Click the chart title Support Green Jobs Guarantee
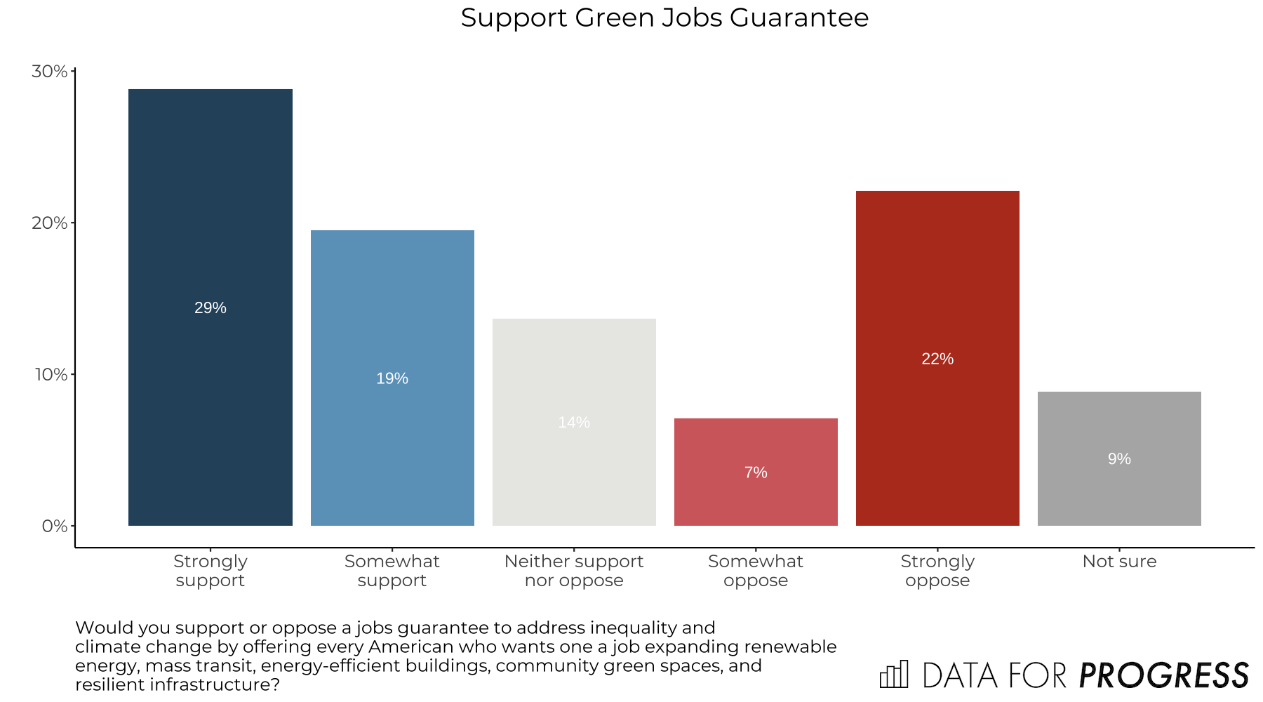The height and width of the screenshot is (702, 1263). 664,18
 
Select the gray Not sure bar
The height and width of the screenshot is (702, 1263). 1119,491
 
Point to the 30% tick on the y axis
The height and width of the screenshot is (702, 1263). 49,72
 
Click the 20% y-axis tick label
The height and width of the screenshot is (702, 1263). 49,223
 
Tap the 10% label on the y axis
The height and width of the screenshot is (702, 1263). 51,375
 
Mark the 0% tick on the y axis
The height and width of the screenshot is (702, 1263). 54,526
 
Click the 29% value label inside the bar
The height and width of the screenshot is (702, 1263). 210,308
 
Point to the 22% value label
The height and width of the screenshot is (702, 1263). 937,359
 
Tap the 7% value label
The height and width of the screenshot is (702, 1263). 756,473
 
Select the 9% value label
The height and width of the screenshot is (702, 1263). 1119,459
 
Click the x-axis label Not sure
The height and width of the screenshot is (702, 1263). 1119,562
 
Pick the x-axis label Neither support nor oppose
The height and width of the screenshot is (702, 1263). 574,571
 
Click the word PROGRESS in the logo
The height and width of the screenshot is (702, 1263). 1163,676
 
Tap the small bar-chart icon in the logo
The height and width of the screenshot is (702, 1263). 894,675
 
